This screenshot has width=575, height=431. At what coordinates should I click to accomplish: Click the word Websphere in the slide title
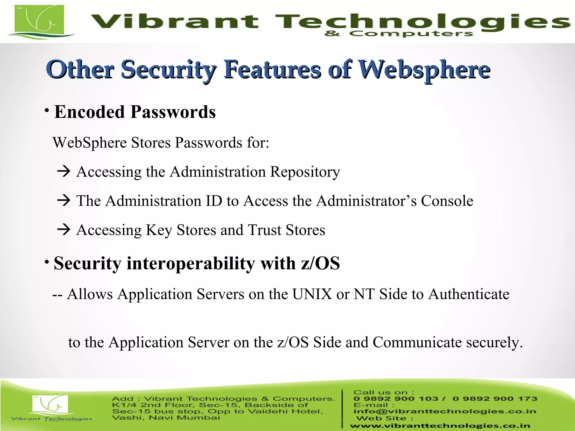tap(424, 70)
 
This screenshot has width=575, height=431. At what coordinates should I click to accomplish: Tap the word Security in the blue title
tap(168, 70)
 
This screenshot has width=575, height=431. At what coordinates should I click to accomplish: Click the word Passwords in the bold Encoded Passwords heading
tap(173, 112)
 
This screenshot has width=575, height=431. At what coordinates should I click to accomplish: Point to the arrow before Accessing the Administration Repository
tap(63, 171)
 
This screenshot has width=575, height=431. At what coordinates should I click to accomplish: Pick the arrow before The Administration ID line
tap(63, 201)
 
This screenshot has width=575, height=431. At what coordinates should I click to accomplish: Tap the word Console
tap(447, 201)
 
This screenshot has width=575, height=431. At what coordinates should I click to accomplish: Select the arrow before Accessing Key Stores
tap(63, 230)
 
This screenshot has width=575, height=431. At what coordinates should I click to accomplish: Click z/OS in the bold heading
tap(320, 263)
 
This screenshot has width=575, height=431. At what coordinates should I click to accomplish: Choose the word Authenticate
tap(469, 294)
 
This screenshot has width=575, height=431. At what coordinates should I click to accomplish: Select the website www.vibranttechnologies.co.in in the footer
tap(440, 426)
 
